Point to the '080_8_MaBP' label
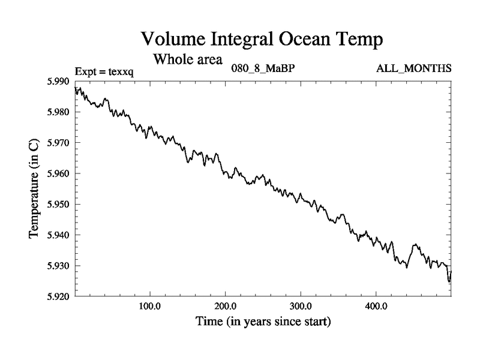263,68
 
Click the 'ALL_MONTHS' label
413,68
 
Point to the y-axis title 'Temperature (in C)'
35,188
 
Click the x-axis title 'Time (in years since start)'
263,322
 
